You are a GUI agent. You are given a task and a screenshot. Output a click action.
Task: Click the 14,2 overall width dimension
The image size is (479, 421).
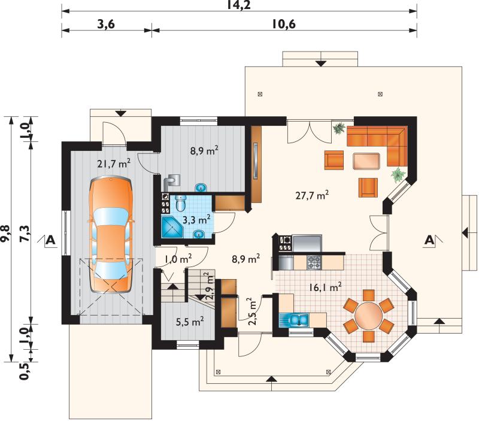click(x=239, y=5)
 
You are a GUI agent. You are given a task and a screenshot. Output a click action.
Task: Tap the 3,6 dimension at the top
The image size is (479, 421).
click(x=106, y=24)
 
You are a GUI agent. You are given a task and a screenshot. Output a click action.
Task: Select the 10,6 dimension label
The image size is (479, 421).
click(x=284, y=24)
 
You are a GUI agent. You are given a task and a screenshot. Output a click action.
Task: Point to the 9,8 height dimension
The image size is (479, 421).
click(x=6, y=234)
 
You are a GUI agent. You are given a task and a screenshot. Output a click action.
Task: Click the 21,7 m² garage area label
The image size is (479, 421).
click(x=114, y=163)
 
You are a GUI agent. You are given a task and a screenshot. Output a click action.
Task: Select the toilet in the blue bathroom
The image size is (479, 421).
click(x=180, y=202)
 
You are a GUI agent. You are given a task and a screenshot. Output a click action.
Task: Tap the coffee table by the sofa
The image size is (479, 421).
click(x=366, y=161)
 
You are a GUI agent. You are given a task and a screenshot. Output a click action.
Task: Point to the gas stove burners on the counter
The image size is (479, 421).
click(x=314, y=262)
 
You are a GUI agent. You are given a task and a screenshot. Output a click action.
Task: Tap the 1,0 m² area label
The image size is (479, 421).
click(x=178, y=259)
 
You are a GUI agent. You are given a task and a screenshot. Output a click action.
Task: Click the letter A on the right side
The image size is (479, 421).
click(x=430, y=240)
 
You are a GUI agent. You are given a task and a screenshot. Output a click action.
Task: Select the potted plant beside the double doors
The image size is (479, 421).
click(x=339, y=128)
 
